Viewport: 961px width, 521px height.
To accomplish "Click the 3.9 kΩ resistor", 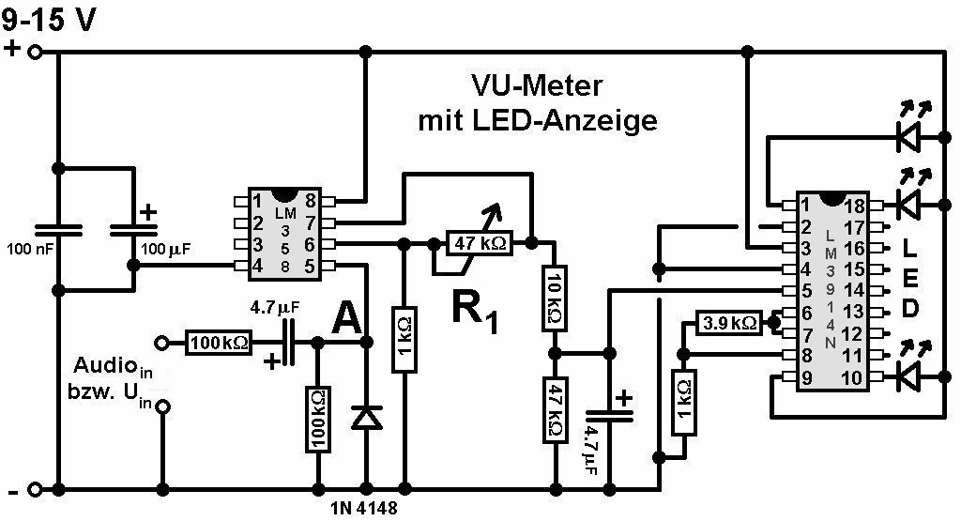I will coord(730,324).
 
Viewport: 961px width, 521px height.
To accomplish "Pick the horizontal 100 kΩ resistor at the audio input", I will coord(218,343).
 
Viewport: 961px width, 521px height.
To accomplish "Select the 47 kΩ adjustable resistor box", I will coord(480,243).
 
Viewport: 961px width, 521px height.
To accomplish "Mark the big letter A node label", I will coord(346,323).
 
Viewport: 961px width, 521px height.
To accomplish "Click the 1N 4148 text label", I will coord(365,509).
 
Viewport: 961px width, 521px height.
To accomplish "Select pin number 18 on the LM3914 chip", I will coord(855,206).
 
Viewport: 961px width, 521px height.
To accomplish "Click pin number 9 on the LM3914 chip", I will coord(806,378).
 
